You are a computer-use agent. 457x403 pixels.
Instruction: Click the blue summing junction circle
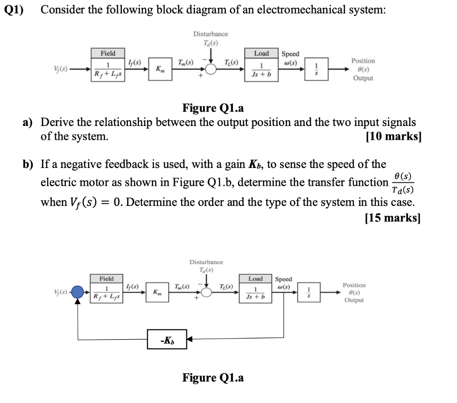click(x=78, y=292)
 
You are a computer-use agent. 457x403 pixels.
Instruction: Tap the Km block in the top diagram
click(x=158, y=69)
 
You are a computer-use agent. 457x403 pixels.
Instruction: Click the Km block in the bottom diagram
click(x=158, y=293)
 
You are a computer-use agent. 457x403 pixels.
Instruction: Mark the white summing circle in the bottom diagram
click(x=206, y=293)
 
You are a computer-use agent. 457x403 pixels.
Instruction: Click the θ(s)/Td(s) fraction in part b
click(x=403, y=183)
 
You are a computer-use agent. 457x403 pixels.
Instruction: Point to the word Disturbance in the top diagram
click(x=210, y=34)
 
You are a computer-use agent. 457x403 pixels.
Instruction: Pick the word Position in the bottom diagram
click(x=354, y=285)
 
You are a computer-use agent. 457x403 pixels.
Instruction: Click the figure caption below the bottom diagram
click(x=213, y=378)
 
